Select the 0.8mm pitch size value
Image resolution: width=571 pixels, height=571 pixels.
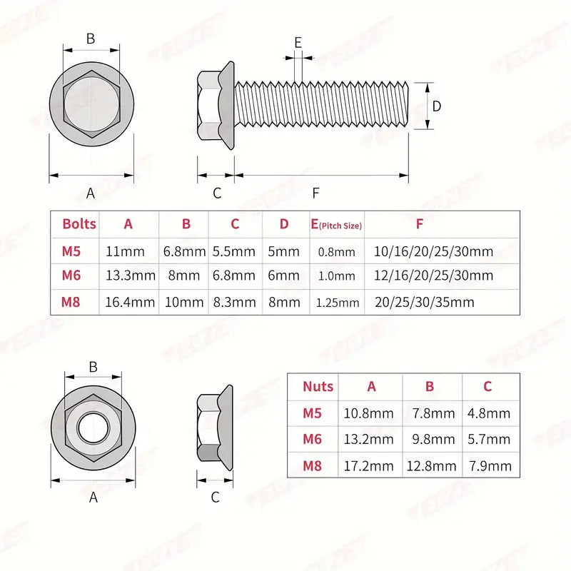point(335,252)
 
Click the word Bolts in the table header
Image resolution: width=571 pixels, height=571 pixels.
point(79,224)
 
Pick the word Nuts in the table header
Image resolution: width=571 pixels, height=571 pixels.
point(318,387)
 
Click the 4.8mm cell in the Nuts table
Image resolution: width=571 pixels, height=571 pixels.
point(488,413)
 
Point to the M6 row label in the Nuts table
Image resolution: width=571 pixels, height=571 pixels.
point(313,440)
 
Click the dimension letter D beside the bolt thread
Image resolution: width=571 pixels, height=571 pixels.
point(438,106)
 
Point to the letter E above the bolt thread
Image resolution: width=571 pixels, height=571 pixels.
point(298,42)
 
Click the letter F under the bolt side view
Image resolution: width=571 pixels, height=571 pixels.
point(315,193)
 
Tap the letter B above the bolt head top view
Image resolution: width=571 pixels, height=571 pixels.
point(91,39)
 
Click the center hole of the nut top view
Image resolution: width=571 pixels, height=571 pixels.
point(93,430)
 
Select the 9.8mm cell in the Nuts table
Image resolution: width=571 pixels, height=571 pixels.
point(430,440)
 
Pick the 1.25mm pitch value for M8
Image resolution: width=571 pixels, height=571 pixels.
point(338,303)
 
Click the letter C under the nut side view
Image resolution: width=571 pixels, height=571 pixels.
point(215,497)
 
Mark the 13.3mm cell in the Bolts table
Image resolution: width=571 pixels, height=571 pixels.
point(129,276)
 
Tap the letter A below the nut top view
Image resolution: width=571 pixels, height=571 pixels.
point(93,498)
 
